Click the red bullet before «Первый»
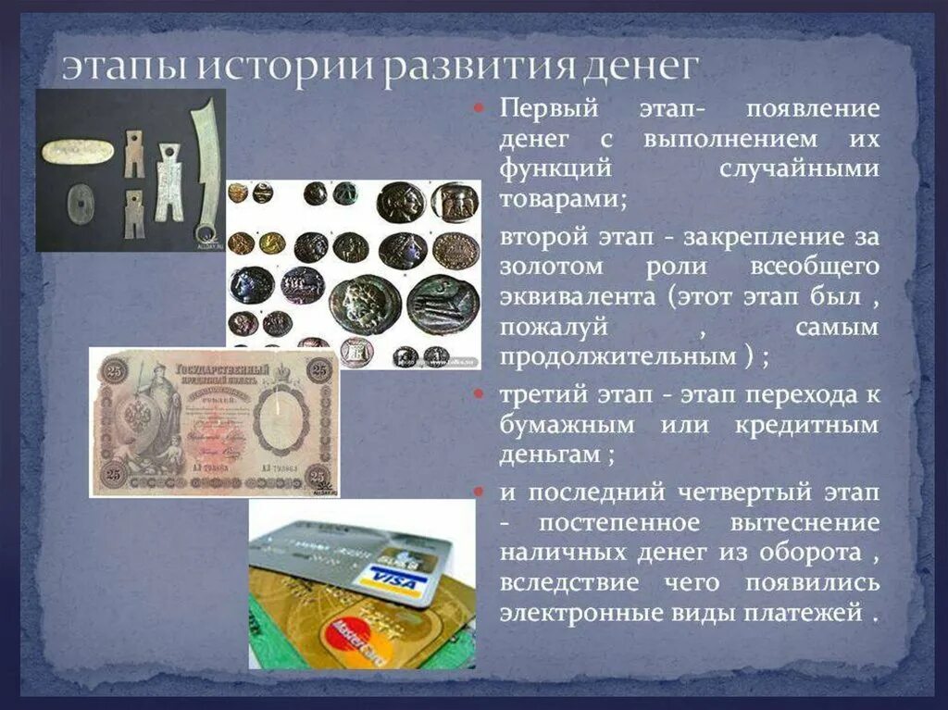point(480,109)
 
